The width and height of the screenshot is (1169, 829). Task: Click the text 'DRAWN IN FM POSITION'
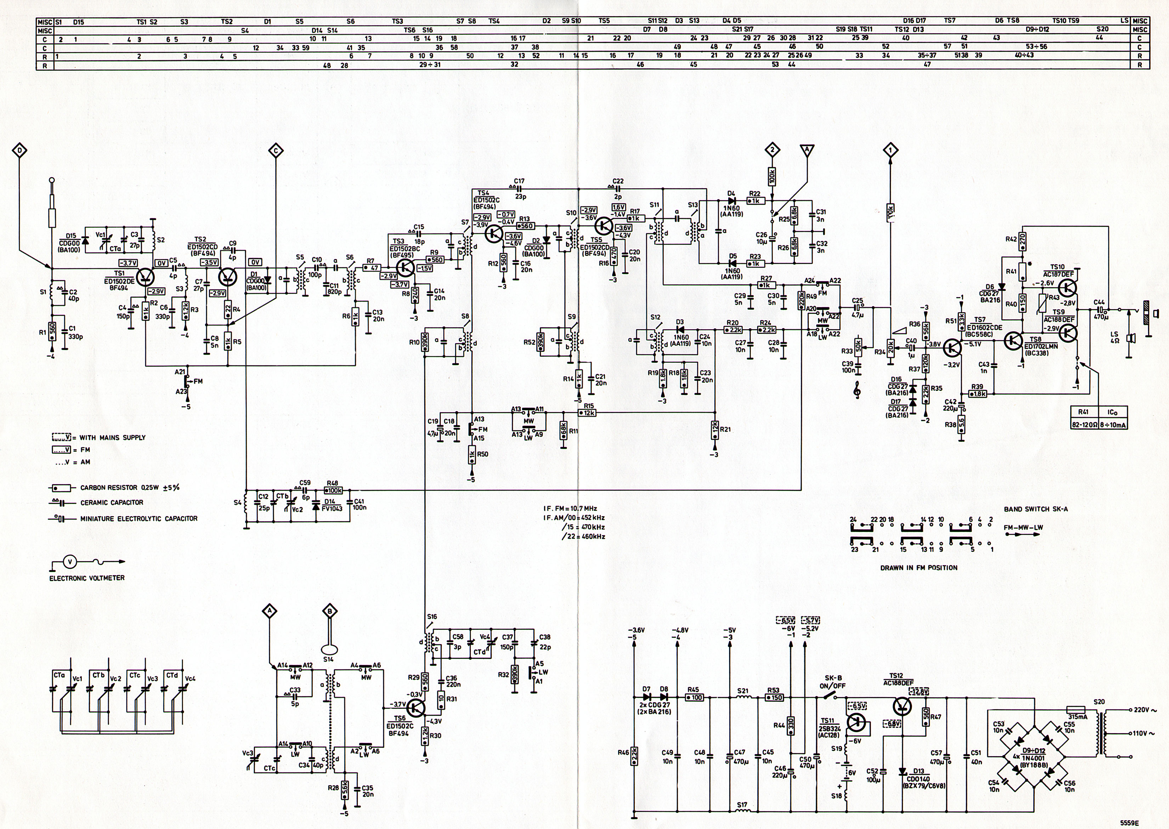918,567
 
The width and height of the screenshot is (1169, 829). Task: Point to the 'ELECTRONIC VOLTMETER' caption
87,578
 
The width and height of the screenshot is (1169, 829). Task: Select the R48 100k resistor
333,489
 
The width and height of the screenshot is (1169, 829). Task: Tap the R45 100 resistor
694,697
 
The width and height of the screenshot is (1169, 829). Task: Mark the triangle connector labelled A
807,150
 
